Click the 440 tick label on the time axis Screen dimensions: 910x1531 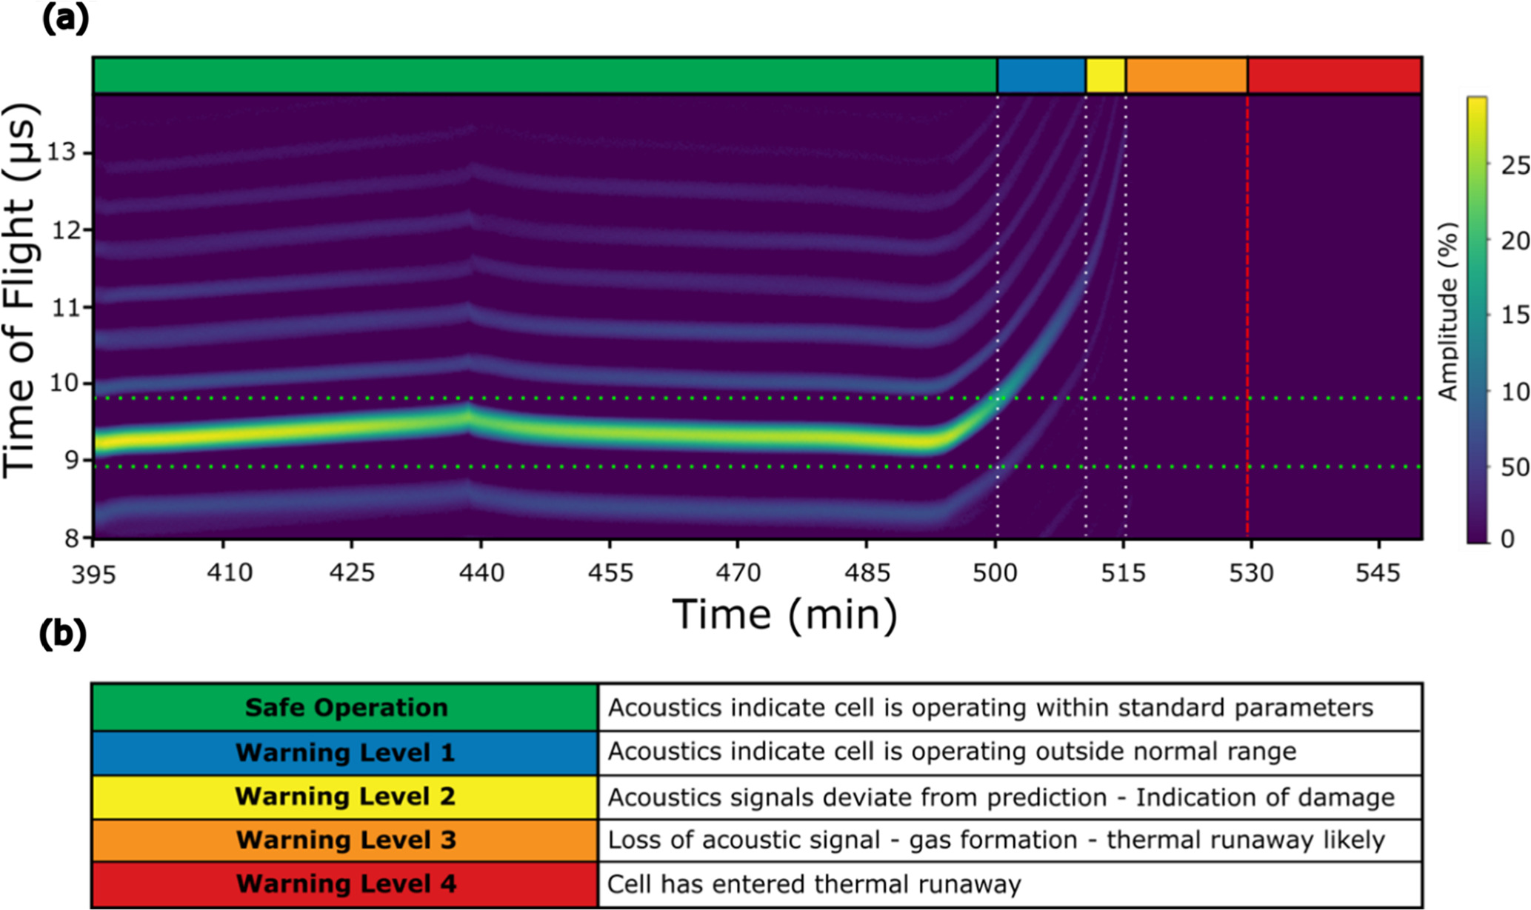pos(481,572)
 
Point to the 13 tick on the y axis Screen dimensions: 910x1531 pos(61,153)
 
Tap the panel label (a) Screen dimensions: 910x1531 pos(65,19)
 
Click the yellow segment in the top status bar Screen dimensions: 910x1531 pos(1105,76)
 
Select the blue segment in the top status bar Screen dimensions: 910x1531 pos(1041,76)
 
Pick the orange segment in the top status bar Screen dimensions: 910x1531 pos(1186,76)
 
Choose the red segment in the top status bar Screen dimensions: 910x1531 pos(1334,76)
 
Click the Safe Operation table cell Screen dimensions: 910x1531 pos(346,708)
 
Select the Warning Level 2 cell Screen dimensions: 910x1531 pos(345,797)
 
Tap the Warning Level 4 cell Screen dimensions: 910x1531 pos(346,884)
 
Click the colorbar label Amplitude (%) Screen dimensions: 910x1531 pos(1447,311)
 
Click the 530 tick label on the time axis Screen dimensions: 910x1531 pos(1251,572)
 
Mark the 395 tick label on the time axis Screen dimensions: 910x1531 pos(94,574)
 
